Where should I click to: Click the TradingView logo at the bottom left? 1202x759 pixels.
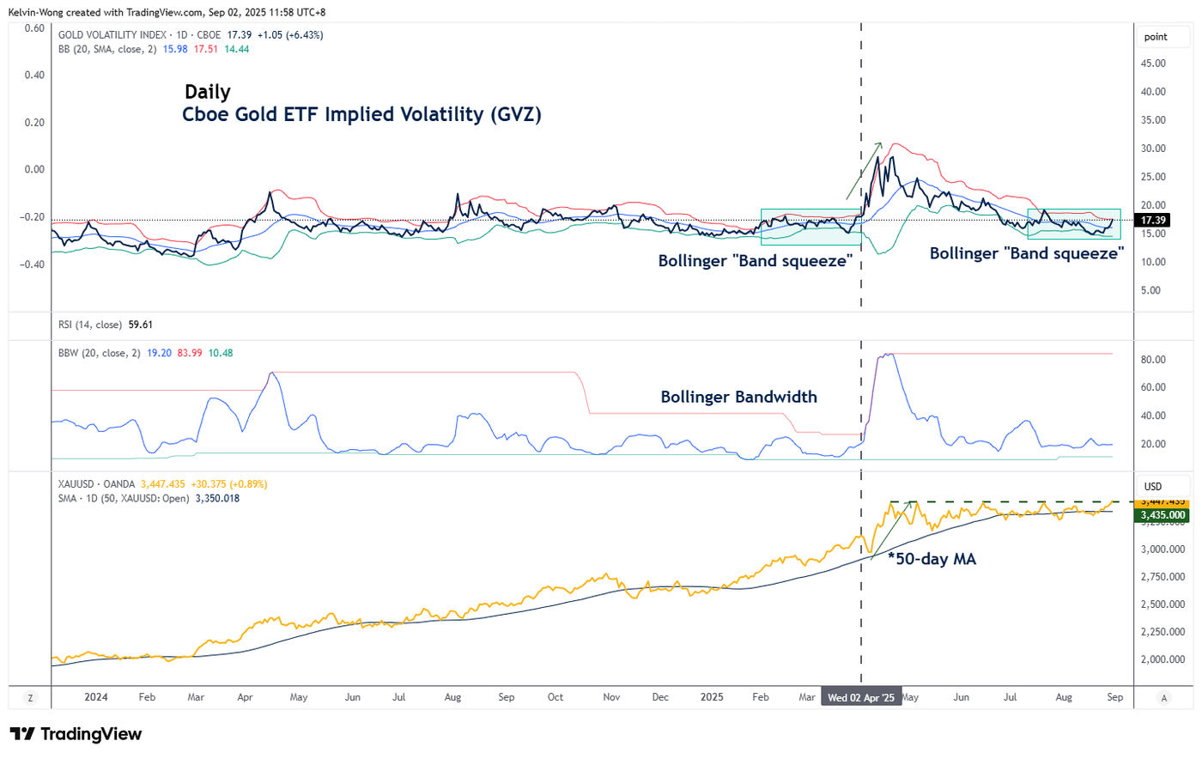tap(76, 734)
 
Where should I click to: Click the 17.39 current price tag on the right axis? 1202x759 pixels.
tap(1152, 221)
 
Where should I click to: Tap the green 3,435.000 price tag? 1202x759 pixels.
tap(1163, 515)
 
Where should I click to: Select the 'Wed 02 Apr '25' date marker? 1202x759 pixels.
tap(860, 697)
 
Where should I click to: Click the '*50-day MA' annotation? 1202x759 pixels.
tap(932, 559)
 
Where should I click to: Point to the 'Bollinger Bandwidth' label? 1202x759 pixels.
tap(738, 397)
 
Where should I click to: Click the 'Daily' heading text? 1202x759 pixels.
tap(208, 92)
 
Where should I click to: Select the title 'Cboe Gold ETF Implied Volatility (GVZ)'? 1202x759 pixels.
tap(361, 114)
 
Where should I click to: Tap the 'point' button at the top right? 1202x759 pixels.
tap(1156, 37)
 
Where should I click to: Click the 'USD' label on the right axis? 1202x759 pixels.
tap(1152, 487)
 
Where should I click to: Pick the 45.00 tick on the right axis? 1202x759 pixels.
tap(1153, 64)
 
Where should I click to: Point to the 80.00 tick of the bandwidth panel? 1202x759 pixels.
tap(1153, 360)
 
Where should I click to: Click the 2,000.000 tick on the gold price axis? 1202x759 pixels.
tap(1162, 659)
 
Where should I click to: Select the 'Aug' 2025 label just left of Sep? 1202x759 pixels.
tap(1064, 697)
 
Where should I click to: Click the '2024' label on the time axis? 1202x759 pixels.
tap(96, 697)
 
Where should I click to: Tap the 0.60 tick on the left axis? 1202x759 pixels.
tap(34, 28)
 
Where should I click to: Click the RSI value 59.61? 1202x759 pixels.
tap(140, 325)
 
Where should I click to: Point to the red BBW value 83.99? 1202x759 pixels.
tap(190, 353)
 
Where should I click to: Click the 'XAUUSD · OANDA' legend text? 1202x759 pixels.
tap(96, 484)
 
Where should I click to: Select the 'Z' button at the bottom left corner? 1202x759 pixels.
tap(30, 698)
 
